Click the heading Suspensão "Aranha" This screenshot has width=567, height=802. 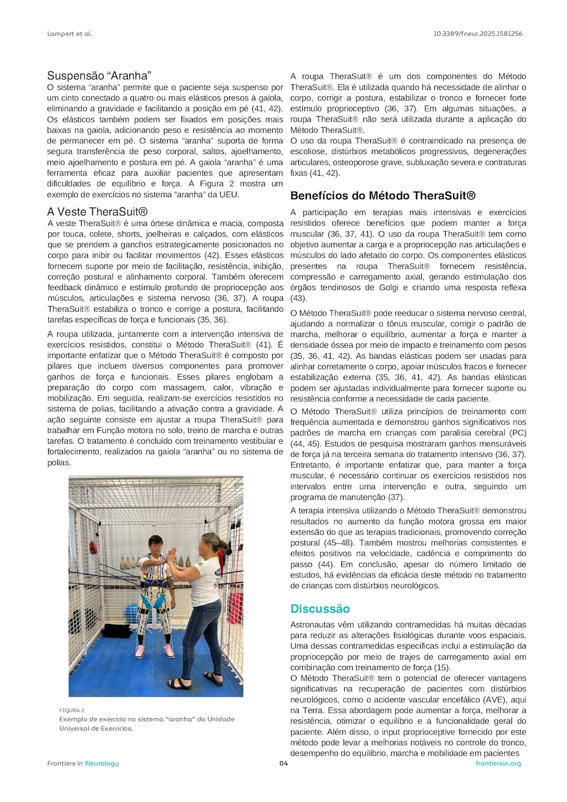pos(99,76)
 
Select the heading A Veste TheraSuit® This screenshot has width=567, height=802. pos(97,212)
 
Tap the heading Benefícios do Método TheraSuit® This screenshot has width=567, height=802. pos(383,196)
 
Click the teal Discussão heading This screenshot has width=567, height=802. pos(320,609)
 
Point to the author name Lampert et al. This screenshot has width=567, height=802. pos(69,34)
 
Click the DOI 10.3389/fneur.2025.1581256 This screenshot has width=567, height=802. pos(477,34)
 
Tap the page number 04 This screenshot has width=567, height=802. pos(283,763)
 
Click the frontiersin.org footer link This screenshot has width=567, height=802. pos(498,763)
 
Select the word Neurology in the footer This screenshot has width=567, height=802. pos(102,763)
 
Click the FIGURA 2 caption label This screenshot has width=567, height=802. pos(71,710)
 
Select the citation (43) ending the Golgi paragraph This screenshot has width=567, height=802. pos(298,299)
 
